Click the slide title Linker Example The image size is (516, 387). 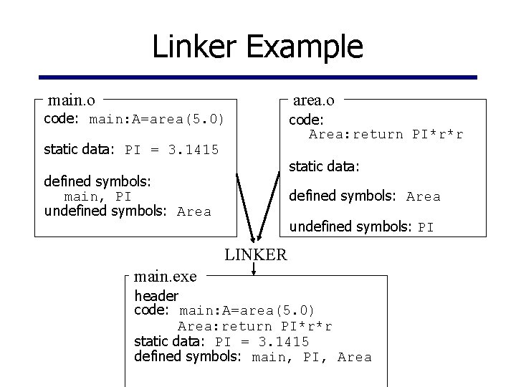(257, 47)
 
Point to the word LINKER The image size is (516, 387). (256, 254)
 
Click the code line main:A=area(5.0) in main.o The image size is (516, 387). (156, 119)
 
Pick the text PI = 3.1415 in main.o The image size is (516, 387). (171, 150)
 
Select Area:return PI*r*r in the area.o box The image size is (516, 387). (386, 135)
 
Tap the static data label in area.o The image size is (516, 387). (323, 166)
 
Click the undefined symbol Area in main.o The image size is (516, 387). (193, 211)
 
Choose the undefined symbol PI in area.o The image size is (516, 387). (426, 228)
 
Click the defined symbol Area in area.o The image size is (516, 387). (423, 196)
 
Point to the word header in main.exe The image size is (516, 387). (156, 295)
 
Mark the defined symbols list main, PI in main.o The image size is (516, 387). (97, 196)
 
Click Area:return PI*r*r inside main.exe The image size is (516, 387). (255, 326)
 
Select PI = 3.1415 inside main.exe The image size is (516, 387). (262, 341)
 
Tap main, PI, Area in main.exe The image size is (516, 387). (312, 357)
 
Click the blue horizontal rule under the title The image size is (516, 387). (257, 77)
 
